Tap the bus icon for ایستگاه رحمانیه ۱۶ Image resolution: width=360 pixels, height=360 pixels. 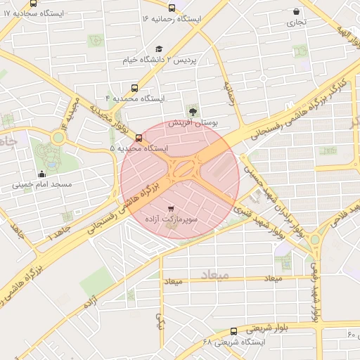172,8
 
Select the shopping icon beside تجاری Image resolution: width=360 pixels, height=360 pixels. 297,12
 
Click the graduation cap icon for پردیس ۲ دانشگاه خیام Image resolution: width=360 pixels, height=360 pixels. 159,49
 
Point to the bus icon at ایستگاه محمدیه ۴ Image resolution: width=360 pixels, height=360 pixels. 134,89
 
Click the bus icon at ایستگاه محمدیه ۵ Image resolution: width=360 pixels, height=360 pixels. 139,138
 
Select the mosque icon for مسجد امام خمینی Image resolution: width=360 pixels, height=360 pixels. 41,174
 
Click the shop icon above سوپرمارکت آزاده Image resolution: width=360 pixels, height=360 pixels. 172,207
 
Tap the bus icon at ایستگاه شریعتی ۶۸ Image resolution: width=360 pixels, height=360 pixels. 234,331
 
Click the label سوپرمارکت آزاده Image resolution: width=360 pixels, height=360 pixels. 172,220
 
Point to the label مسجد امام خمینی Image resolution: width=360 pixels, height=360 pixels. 41,186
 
